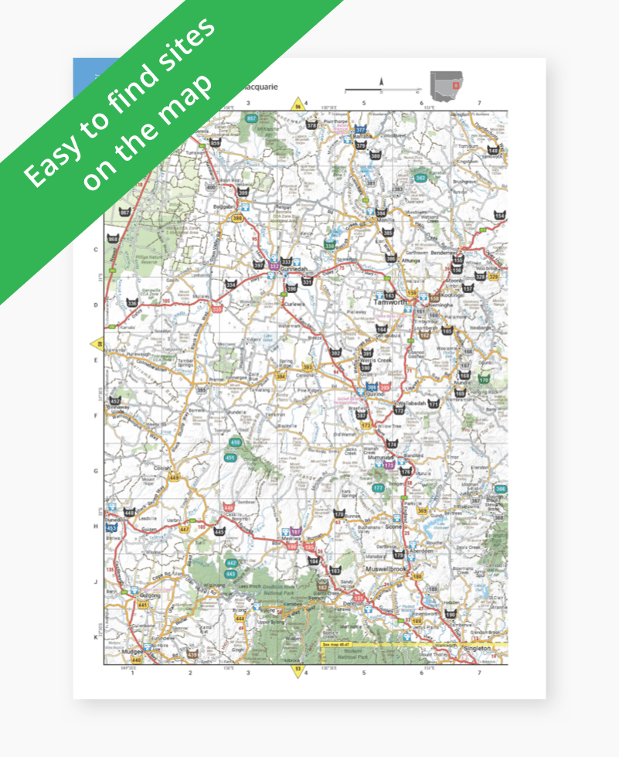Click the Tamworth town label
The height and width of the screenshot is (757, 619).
389,303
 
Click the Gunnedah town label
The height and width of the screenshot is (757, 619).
292,269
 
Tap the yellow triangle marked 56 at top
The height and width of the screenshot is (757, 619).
297,104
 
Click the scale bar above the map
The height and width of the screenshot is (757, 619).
379,90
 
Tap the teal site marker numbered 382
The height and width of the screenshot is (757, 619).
421,178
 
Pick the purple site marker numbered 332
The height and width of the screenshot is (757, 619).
274,265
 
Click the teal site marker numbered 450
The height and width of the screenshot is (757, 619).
235,442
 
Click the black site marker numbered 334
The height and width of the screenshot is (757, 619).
230,284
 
